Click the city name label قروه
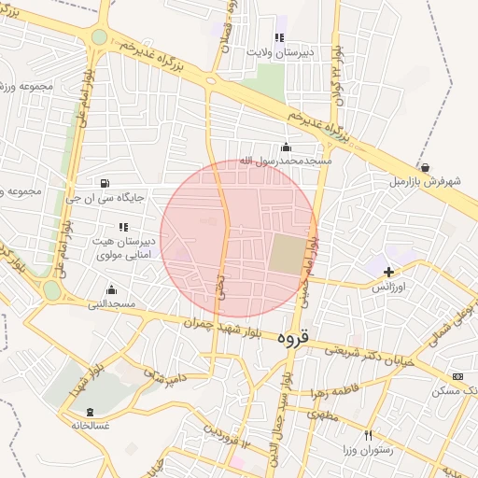(x=297, y=342)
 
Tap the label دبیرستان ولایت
(x=278, y=53)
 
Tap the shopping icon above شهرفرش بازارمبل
(x=426, y=168)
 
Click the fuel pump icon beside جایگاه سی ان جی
(x=104, y=182)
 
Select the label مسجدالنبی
(x=112, y=304)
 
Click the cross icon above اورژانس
(x=388, y=272)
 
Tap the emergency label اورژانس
(x=393, y=288)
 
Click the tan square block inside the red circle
(x=287, y=254)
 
